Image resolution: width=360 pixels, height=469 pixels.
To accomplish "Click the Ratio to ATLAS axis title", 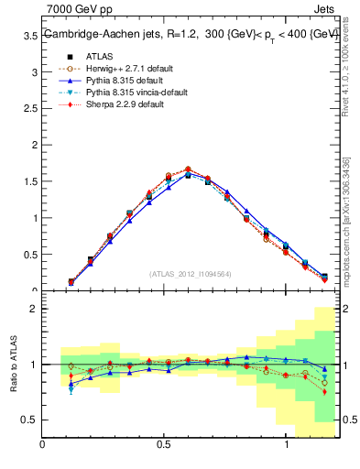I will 13,365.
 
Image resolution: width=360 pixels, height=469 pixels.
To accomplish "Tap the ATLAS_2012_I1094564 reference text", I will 191,274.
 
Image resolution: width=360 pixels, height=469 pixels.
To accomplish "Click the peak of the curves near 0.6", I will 188,169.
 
